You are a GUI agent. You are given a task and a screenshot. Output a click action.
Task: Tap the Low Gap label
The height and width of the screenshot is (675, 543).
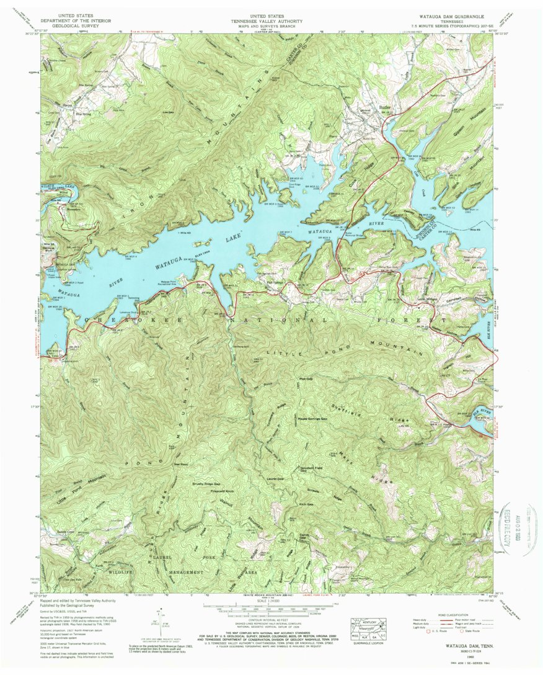tap(166, 112)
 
